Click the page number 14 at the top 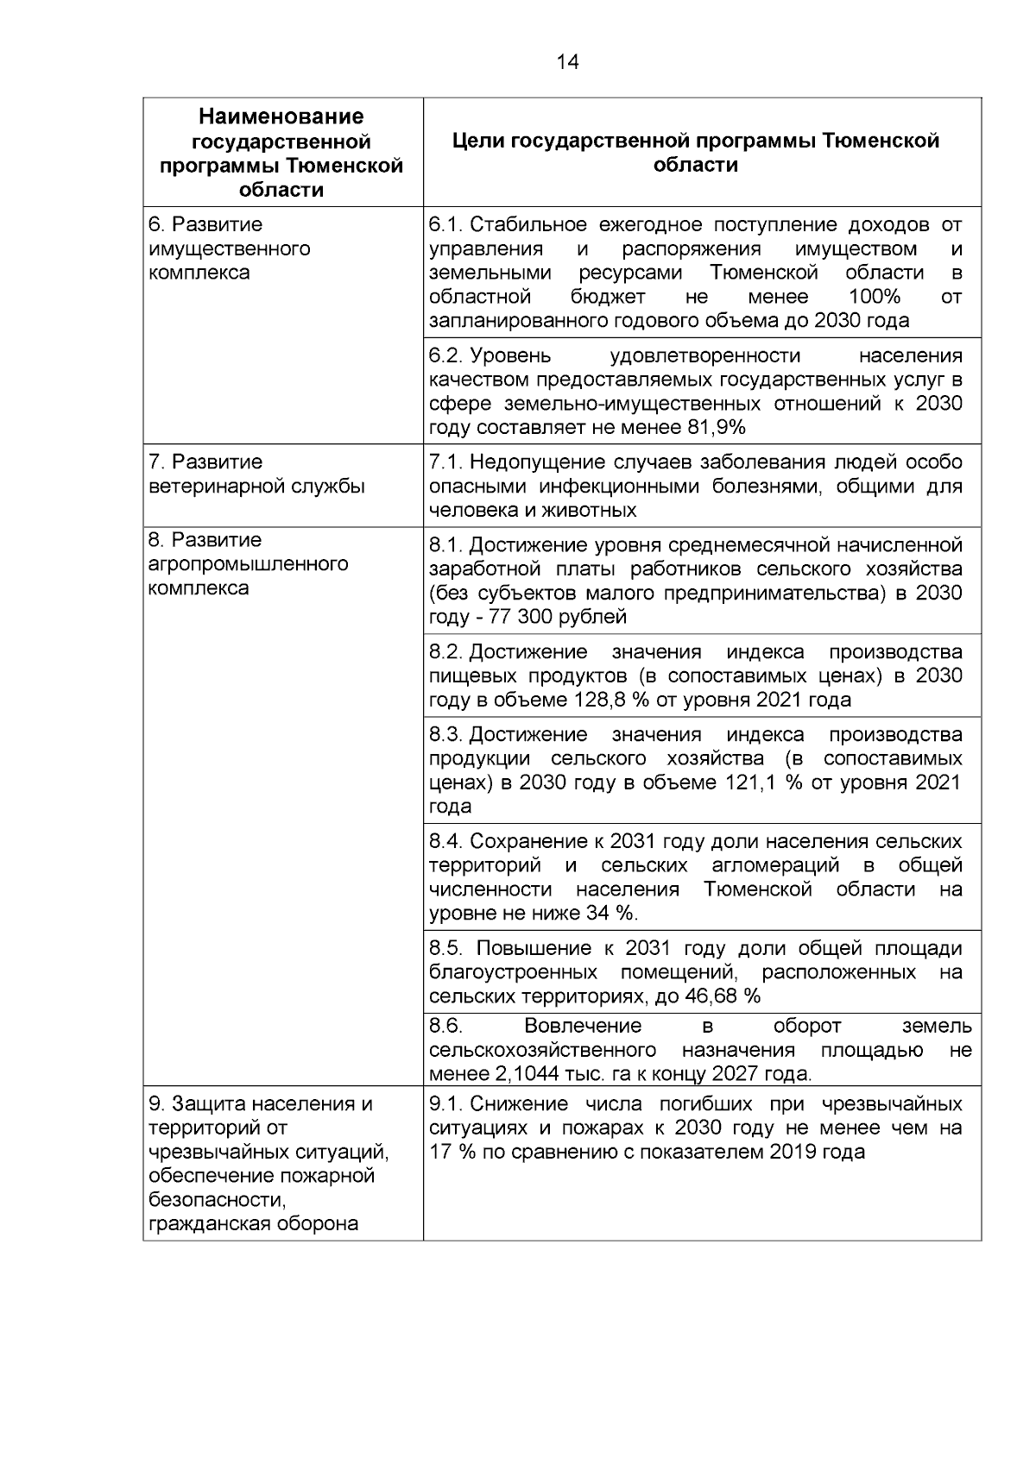567,62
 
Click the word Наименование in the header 281,116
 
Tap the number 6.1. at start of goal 446,225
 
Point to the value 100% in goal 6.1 874,298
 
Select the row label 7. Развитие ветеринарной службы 256,474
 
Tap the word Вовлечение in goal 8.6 583,1026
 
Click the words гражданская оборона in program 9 253,1224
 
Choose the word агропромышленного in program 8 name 249,564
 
